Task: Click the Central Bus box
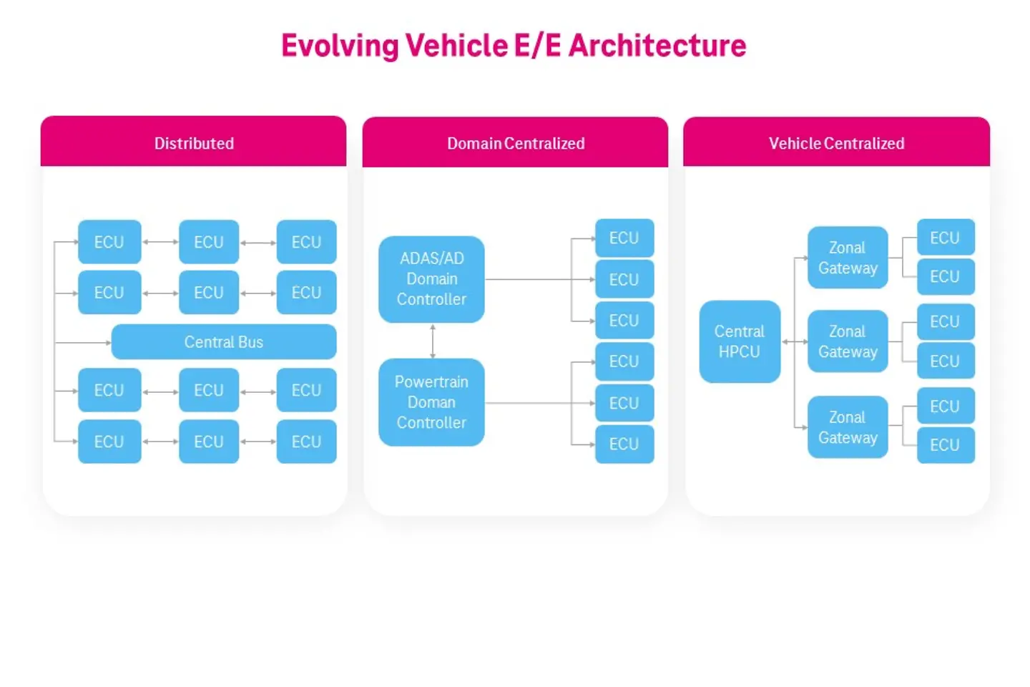point(224,342)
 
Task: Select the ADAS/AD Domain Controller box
point(431,279)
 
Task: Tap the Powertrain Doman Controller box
point(431,402)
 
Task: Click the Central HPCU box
point(740,341)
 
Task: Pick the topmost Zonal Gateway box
point(848,258)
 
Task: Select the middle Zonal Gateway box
point(848,341)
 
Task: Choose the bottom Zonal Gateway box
point(848,427)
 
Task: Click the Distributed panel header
point(194,143)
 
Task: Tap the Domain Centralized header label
point(516,143)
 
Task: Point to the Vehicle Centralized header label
point(836,143)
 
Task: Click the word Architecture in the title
point(657,46)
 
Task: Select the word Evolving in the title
point(340,46)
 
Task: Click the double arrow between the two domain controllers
point(433,341)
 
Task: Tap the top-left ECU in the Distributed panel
point(109,242)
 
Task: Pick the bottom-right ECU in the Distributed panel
point(306,442)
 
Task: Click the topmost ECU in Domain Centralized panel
point(624,238)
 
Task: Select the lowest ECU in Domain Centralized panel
point(624,444)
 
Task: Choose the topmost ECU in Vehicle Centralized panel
point(946,238)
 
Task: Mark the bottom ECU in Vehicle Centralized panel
point(946,445)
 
